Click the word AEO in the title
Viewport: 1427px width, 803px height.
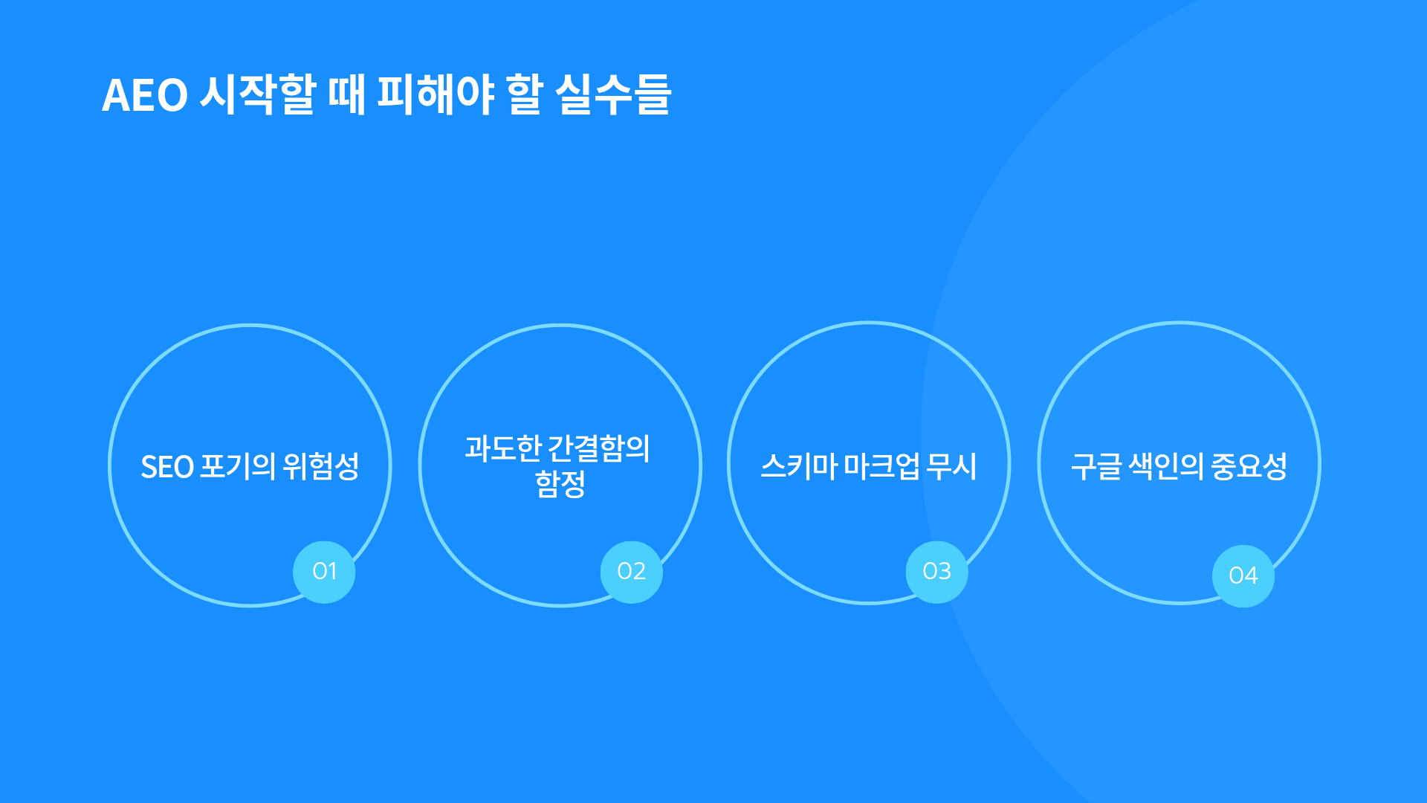pos(145,95)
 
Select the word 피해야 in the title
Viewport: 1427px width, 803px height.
pos(436,94)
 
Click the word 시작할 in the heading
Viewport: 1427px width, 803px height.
pos(257,94)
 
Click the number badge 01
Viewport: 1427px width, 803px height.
pos(324,572)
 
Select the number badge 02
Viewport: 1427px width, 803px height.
pos(632,572)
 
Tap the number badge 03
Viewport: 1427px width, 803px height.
pos(937,572)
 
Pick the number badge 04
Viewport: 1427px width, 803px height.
pos(1243,576)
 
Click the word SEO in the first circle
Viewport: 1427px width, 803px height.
pos(167,467)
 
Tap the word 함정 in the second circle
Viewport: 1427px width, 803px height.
pos(560,484)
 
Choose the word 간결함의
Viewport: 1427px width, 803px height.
pos(599,448)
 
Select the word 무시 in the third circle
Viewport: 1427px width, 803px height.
pos(952,466)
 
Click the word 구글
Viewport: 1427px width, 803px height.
pos(1096,466)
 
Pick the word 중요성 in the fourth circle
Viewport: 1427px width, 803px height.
pos(1249,466)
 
